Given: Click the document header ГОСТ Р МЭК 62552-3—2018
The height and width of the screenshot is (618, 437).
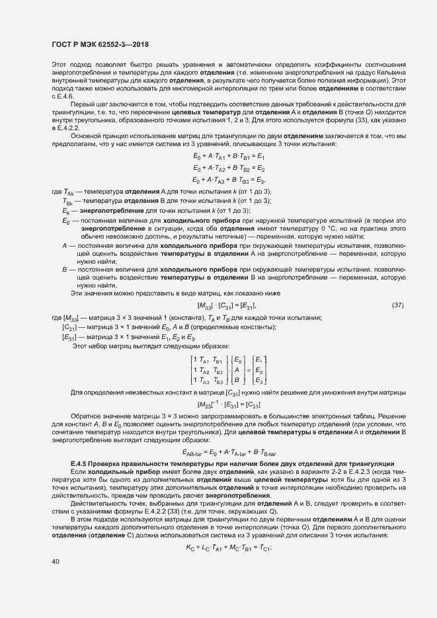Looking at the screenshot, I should pos(100,44).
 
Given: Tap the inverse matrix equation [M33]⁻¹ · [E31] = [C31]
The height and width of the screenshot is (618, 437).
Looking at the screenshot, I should pos(228,405).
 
